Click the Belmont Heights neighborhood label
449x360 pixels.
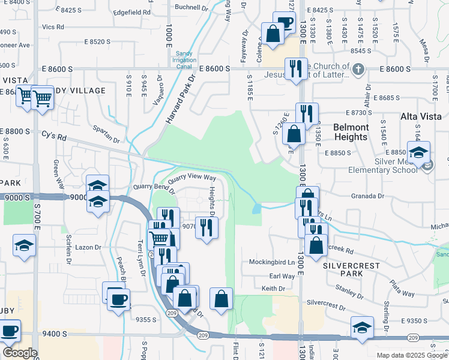click(x=351, y=132)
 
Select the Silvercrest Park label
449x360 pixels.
click(x=344, y=269)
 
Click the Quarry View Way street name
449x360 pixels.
click(x=191, y=178)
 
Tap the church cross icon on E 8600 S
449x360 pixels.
click(x=358, y=70)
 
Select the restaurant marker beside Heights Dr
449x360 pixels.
click(x=206, y=227)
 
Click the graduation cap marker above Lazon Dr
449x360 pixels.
click(x=24, y=245)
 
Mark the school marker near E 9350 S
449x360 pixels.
click(x=362, y=328)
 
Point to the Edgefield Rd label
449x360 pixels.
click(x=131, y=12)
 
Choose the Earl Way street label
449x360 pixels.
click(x=282, y=276)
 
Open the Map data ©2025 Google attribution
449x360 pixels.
click(x=411, y=355)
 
